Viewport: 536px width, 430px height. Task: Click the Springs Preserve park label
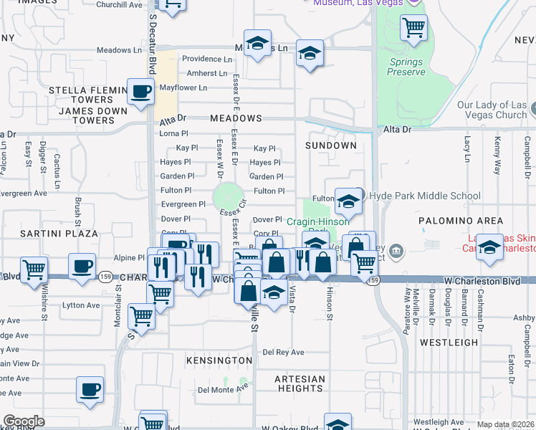(406, 67)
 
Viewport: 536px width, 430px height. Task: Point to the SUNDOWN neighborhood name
(330, 145)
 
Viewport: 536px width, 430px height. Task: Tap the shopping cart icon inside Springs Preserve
(413, 28)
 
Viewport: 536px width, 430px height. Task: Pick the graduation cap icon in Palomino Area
(489, 247)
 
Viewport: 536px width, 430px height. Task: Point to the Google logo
(24, 421)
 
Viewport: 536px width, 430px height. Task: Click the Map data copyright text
(505, 424)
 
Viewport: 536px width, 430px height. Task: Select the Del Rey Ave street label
(283, 352)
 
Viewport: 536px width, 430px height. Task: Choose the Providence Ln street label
(207, 59)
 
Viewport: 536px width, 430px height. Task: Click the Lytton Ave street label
(83, 305)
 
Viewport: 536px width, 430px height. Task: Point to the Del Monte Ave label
(222, 390)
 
